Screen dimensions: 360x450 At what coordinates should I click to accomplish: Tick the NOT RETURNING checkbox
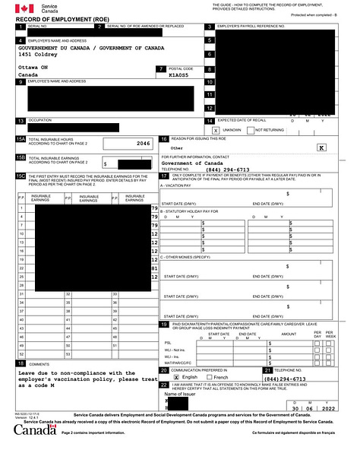tap(250, 130)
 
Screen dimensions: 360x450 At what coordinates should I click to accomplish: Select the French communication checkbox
tap(209, 377)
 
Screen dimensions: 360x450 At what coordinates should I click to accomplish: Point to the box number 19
tap(164, 325)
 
